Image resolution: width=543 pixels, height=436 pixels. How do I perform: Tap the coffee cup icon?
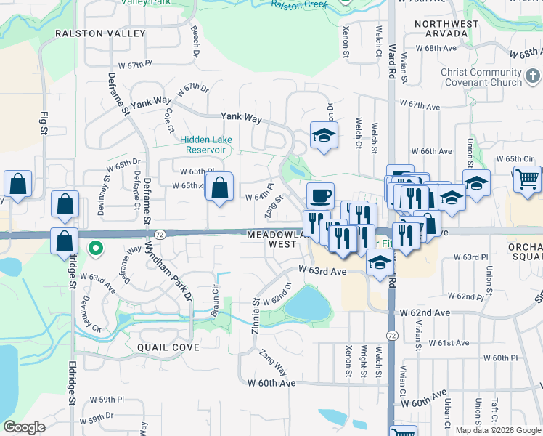[320, 195]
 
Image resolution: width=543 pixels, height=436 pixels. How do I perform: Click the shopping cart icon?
[527, 178]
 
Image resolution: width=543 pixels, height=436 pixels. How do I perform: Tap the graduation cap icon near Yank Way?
[324, 134]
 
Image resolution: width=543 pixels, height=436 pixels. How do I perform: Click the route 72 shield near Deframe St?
[160, 234]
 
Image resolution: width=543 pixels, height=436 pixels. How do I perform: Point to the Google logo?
[24, 427]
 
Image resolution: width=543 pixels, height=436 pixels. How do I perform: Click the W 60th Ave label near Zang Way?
[271, 382]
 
